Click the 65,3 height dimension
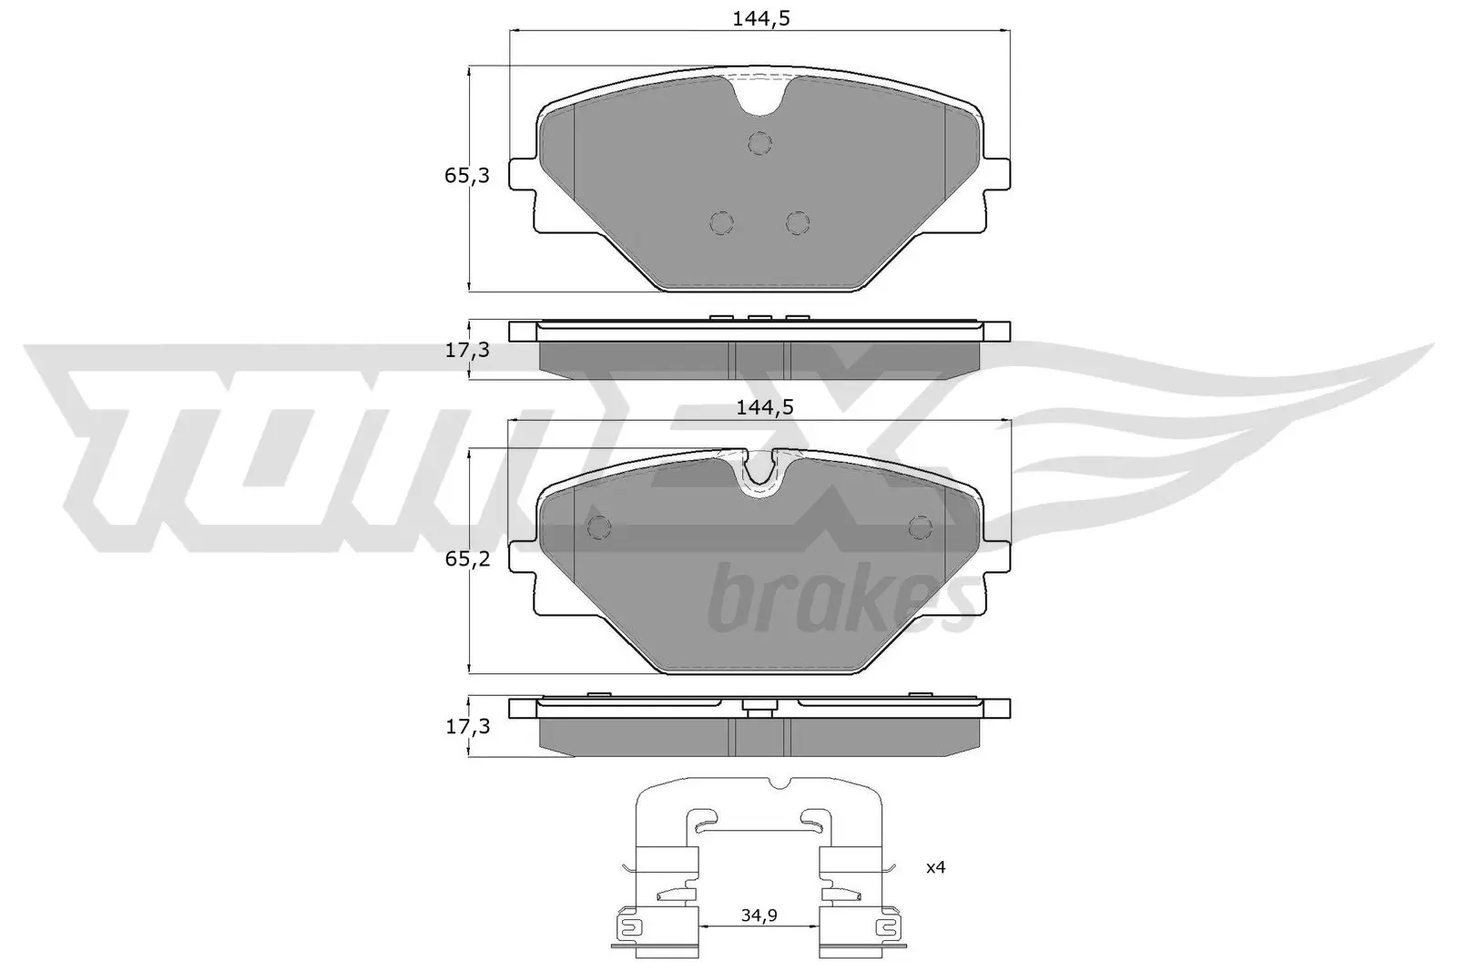(466, 176)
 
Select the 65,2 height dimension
(466, 558)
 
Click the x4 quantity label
(935, 867)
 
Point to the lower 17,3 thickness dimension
(466, 726)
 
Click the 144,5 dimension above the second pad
(764, 407)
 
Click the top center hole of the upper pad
(759, 142)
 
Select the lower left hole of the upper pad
(721, 222)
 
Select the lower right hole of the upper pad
(798, 222)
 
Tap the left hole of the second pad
(600, 527)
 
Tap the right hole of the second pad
(921, 527)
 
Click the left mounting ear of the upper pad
(521, 175)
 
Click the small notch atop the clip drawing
(780, 783)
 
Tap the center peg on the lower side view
(759, 708)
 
